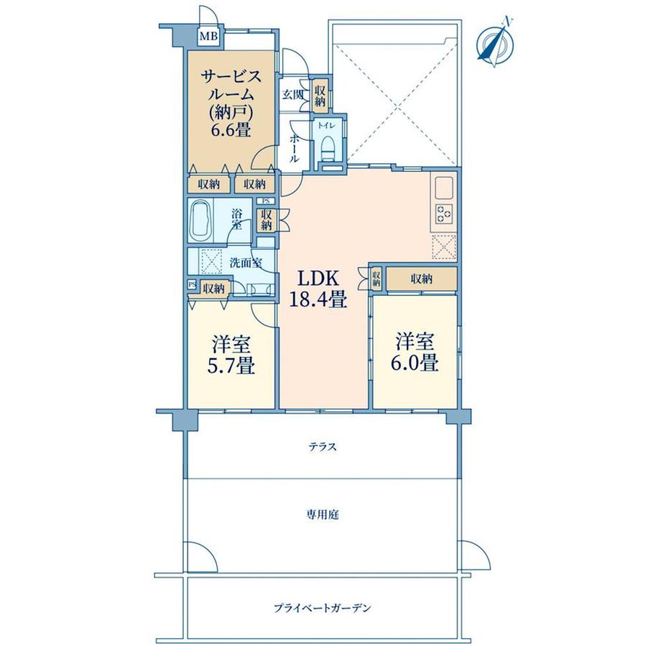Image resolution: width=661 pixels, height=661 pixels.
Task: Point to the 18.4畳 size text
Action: (318, 300)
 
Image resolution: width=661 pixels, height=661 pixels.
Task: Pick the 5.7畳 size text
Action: (231, 365)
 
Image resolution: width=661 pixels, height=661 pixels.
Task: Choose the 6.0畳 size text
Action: (415, 363)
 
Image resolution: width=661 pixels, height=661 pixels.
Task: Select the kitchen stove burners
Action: (444, 213)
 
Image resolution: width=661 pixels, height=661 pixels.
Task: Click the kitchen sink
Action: (443, 188)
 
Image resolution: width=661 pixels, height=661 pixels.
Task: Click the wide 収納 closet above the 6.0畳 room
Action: (421, 279)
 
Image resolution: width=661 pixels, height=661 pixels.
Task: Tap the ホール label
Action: (295, 147)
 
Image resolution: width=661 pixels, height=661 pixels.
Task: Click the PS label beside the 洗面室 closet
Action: (192, 285)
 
